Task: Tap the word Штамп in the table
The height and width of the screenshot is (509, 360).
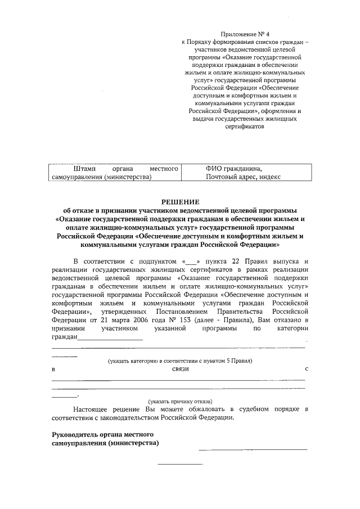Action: click(85, 168)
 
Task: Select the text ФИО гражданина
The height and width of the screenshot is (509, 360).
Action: click(234, 168)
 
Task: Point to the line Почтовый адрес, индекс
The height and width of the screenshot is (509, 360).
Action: click(243, 177)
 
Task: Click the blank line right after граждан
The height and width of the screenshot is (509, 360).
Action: click(110, 339)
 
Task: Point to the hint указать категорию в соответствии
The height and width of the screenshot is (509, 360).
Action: click(180, 360)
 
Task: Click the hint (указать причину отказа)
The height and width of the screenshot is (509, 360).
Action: click(180, 402)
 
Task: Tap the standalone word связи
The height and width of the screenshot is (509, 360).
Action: click(181, 370)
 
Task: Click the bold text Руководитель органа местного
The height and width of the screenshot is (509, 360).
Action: click(103, 435)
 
